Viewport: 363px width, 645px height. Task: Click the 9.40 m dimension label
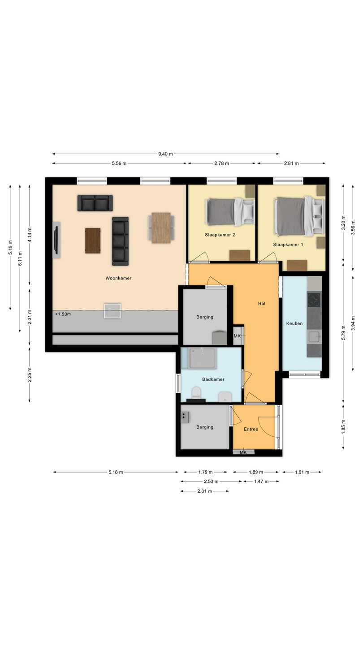(165, 154)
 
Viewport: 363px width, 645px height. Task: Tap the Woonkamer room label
(118, 278)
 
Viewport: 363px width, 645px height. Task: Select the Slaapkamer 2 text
(220, 235)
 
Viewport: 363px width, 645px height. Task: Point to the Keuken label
(294, 323)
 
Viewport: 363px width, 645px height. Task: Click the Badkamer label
(213, 379)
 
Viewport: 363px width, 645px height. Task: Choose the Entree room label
(251, 429)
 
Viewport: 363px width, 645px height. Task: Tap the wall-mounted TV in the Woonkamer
(57, 240)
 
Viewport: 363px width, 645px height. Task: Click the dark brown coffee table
(93, 241)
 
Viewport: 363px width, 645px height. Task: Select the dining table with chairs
(161, 228)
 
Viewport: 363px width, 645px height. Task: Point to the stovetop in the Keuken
(314, 300)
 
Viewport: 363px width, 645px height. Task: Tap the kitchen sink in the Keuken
(314, 337)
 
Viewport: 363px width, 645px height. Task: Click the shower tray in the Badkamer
(202, 358)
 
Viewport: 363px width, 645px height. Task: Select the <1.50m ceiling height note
(63, 314)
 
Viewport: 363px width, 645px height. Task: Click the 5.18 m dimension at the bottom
(116, 472)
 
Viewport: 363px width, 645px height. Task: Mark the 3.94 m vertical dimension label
(353, 323)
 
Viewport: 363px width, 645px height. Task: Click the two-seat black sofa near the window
(95, 203)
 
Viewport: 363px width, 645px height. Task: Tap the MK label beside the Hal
(237, 336)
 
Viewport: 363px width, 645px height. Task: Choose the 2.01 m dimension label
(204, 491)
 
